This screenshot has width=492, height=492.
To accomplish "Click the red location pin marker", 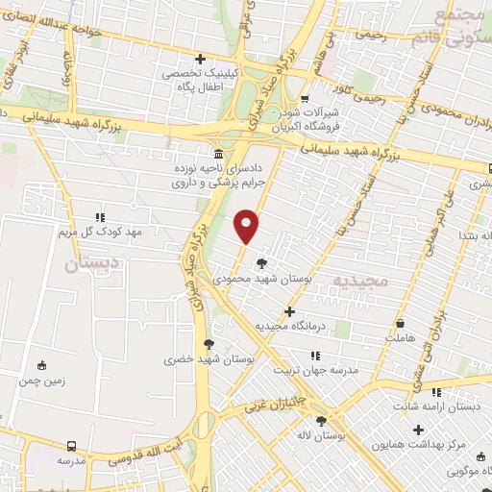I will [x=247, y=226].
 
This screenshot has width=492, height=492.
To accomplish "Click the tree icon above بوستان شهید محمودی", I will [x=262, y=261].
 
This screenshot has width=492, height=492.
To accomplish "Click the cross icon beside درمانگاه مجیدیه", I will [x=290, y=311].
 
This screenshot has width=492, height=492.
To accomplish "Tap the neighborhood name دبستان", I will [x=92, y=260].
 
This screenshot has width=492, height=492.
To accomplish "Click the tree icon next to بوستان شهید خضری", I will [x=209, y=343].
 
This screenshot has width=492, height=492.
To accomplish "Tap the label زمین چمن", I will [x=40, y=380].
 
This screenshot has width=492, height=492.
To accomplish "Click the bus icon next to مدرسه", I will [x=72, y=446].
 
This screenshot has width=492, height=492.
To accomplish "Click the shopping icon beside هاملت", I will [x=399, y=323].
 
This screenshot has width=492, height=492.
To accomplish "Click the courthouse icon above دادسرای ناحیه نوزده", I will [x=219, y=154].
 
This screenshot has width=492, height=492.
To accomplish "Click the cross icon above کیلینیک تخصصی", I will [x=199, y=60].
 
